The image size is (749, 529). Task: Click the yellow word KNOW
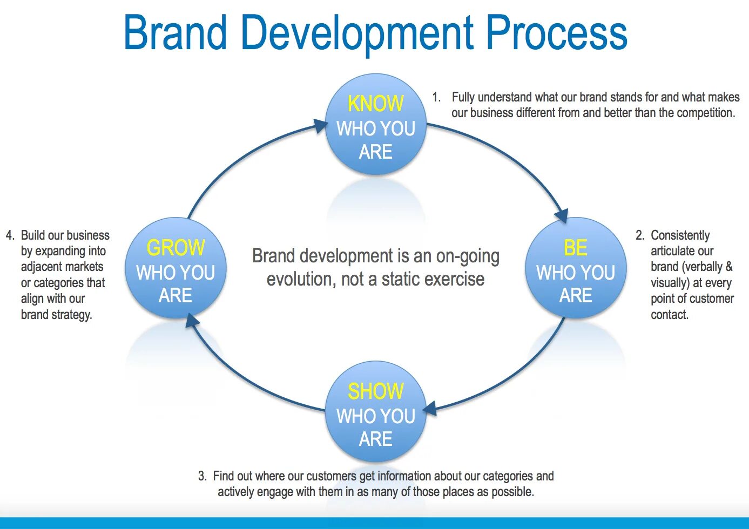[x=375, y=104]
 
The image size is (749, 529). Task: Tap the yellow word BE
[x=575, y=248]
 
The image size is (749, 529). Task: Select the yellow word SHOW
[x=375, y=391]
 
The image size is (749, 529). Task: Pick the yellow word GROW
[x=176, y=248]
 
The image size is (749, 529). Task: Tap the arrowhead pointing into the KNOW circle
[x=321, y=126]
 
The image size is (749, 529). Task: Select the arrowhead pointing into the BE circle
[x=562, y=215]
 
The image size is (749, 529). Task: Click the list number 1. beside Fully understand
[x=436, y=97]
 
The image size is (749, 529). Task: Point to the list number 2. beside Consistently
[x=640, y=235]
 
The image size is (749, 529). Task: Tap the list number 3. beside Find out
[x=203, y=476]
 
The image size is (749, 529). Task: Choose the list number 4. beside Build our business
[x=10, y=235]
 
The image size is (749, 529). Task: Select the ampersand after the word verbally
[x=728, y=267]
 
